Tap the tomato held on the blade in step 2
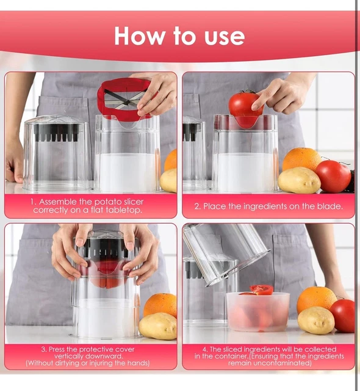pos(245,106)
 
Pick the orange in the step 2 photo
pos(301,159)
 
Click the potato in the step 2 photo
pos(299,180)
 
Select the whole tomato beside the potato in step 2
pos(333,176)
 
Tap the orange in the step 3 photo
pos(160,304)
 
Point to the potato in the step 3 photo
pos(157,326)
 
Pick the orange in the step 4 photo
pos(316,299)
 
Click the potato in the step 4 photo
pos(315,320)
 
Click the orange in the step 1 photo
pos(171,160)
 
